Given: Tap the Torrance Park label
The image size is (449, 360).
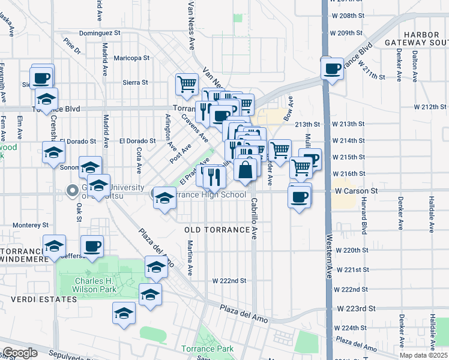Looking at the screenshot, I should pos(207,349).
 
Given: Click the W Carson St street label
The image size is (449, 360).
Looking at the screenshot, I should pos(356,190).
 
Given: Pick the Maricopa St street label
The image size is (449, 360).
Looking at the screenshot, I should pos(131,58).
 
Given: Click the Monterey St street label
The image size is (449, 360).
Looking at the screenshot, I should pos(30,225).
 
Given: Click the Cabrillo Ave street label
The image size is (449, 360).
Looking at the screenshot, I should pos(255,219).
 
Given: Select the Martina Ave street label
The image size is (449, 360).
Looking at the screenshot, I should pos(190,258).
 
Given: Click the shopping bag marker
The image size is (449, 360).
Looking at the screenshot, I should pos(246,170).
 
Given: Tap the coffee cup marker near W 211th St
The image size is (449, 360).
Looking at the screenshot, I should pos(332,68).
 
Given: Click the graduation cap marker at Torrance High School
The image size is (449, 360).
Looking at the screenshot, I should pos(163,198).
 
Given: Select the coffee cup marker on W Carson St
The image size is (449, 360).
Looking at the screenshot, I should pos(300,196).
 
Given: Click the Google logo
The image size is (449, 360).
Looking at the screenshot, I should pos(20,353).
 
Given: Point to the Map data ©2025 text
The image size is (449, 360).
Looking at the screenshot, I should pos(423,355).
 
